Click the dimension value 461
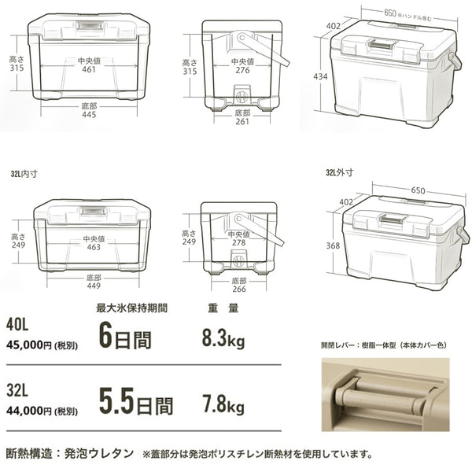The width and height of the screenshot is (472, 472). pyautogui.click(x=89, y=69)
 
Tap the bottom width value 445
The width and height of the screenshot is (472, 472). pyautogui.click(x=89, y=115)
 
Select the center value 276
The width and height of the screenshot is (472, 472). pyautogui.click(x=242, y=71)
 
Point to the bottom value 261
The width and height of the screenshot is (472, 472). pyautogui.click(x=242, y=122)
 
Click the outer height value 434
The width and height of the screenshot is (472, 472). pyautogui.click(x=320, y=77)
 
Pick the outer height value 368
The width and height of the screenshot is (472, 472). pyautogui.click(x=333, y=246)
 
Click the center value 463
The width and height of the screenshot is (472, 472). pyautogui.click(x=94, y=247)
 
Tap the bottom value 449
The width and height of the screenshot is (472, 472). pyautogui.click(x=94, y=286)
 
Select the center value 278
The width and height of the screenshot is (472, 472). pyautogui.click(x=239, y=242)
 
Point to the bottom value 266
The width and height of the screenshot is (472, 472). pyautogui.click(x=239, y=289)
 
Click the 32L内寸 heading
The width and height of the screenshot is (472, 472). pyautogui.click(x=24, y=174)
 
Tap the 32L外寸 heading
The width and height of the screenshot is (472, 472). pyautogui.click(x=340, y=173)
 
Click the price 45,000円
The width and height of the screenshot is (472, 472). pyautogui.click(x=29, y=345)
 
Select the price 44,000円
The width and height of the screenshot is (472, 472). pyautogui.click(x=29, y=411)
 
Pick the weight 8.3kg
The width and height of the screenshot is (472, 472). pyautogui.click(x=223, y=339)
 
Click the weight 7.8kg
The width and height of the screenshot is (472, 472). pyautogui.click(x=223, y=404)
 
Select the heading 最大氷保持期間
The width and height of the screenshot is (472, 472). pyautogui.click(x=131, y=308)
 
